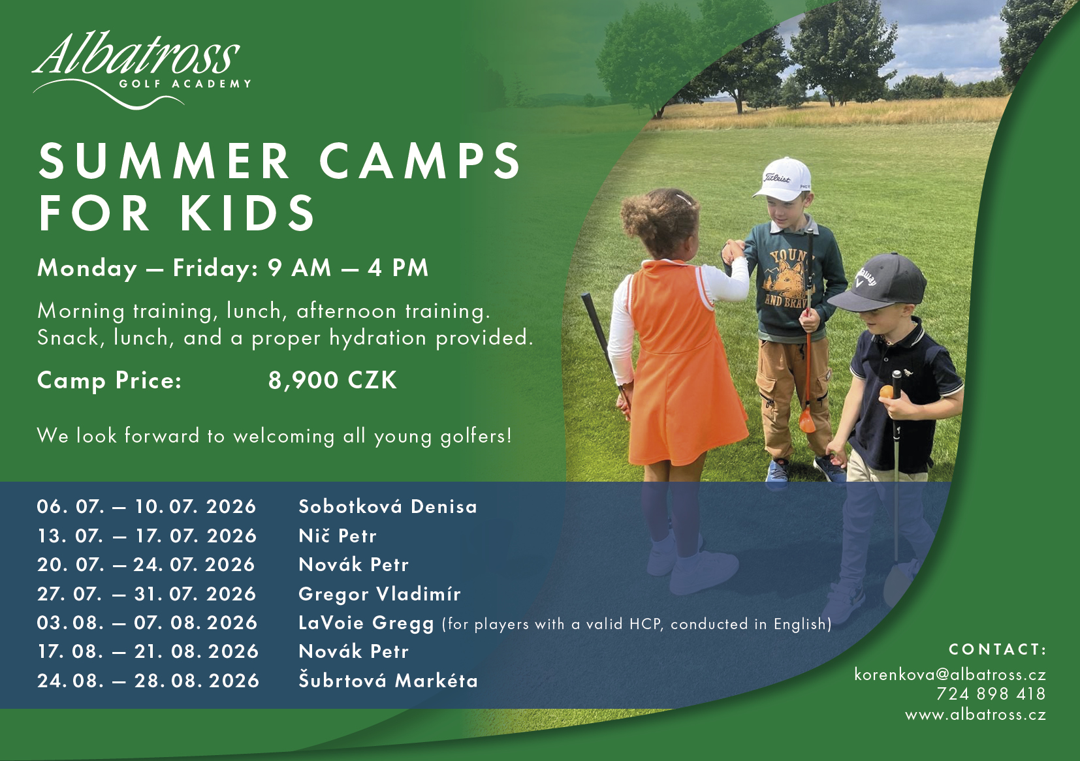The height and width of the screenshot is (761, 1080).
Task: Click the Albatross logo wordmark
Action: (136, 54)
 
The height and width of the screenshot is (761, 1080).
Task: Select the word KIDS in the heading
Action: (248, 213)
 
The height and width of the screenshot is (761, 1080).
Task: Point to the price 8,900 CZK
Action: (332, 380)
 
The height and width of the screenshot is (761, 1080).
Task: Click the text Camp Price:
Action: (110, 380)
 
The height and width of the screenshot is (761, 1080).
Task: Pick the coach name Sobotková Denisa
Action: (388, 506)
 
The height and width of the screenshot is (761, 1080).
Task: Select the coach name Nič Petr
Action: (338, 536)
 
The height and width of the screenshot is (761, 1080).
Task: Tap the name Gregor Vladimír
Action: (379, 594)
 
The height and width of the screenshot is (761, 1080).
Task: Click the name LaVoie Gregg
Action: (366, 623)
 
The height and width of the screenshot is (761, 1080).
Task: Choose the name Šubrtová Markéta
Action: (388, 681)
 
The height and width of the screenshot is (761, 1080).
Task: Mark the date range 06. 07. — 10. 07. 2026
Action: (146, 506)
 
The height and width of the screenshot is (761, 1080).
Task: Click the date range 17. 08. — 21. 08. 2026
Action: (148, 651)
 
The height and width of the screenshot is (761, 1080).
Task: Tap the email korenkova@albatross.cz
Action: (950, 674)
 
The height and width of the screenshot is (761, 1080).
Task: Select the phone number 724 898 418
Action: (991, 694)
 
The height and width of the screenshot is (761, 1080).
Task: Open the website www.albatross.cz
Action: (976, 715)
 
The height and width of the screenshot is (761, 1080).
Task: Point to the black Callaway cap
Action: (878, 283)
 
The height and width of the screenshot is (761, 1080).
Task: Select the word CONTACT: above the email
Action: (997, 649)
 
